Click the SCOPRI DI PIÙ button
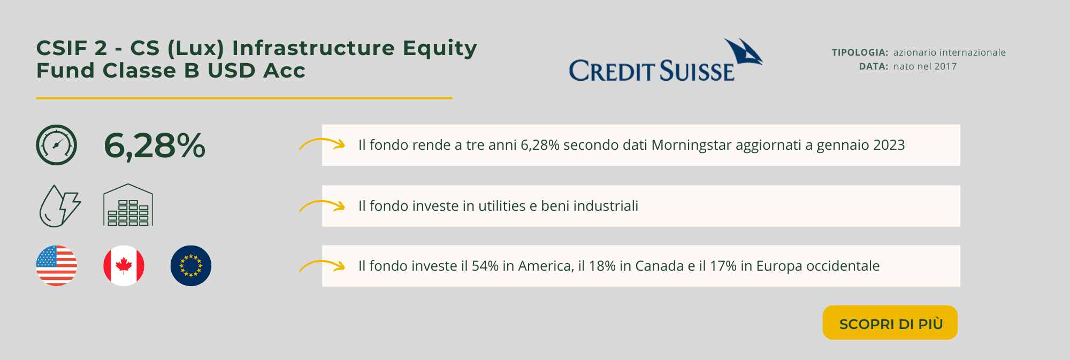tap(890, 323)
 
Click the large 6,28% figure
tap(155, 145)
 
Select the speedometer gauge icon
tap(57, 145)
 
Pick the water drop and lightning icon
tap(60, 206)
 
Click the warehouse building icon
tap(128, 205)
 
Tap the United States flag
tap(57, 266)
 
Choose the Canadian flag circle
tap(124, 266)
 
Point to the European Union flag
tap(191, 266)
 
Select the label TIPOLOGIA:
tap(860, 52)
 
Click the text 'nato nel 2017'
tap(925, 66)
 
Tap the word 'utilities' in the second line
tap(502, 206)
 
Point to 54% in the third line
tap(485, 266)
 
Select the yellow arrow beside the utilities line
tap(322, 205)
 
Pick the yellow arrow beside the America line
tap(322, 266)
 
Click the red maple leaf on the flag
tap(124, 265)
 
